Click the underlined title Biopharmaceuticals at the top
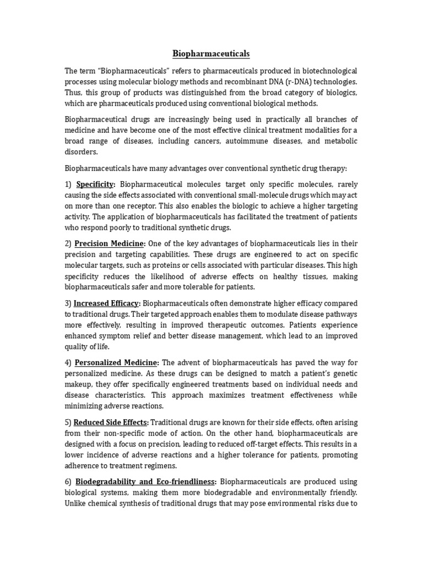211,53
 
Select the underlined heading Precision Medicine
110,243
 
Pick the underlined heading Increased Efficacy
107,303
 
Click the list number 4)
68,362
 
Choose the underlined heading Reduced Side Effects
111,422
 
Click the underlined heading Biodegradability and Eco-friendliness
145,482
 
